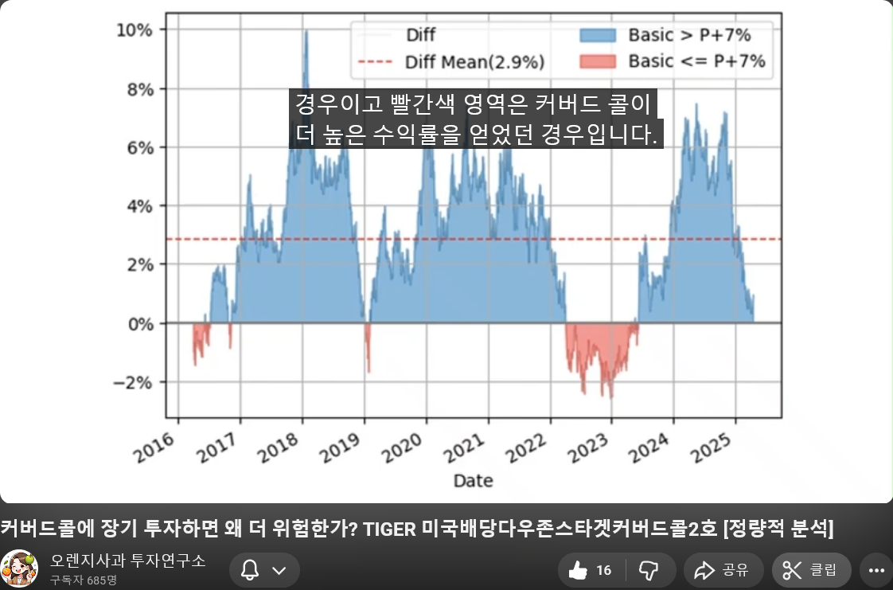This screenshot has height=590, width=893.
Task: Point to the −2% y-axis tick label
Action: coord(132,382)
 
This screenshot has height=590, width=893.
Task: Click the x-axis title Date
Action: coord(473,481)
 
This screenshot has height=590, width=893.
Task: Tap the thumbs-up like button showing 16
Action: coord(590,569)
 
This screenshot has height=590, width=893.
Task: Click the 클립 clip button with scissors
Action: coord(811,569)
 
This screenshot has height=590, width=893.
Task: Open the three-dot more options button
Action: coord(876,569)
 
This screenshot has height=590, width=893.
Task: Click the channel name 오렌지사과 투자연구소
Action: coord(127,561)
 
